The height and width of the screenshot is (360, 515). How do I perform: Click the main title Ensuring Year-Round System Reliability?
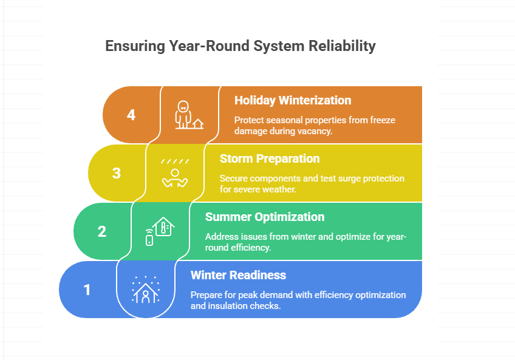pyautogui.click(x=240, y=47)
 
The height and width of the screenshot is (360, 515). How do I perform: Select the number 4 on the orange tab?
pyautogui.click(x=131, y=115)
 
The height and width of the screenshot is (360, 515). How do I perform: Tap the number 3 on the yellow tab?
pyautogui.click(x=117, y=173)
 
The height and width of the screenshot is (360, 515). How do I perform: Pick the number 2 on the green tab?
pyautogui.click(x=102, y=231)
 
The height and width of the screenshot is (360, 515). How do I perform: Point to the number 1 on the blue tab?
pyautogui.click(x=87, y=290)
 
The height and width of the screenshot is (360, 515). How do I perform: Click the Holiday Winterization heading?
pyautogui.click(x=293, y=100)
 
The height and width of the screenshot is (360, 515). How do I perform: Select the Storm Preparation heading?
pyautogui.click(x=270, y=158)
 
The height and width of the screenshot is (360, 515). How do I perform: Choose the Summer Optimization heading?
pyautogui.click(x=265, y=217)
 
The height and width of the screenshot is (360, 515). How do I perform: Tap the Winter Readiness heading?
pyautogui.click(x=238, y=275)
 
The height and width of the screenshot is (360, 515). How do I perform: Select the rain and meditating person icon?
pyautogui.click(x=174, y=173)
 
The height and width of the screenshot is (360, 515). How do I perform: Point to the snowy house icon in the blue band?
pyautogui.click(x=146, y=290)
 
